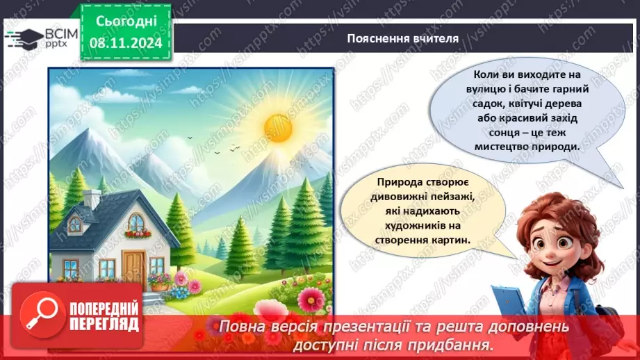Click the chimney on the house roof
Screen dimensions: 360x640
click(92, 198)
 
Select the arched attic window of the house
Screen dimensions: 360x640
click(136, 224)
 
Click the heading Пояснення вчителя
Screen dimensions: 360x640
click(402, 38)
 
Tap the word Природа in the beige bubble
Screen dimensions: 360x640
click(397, 183)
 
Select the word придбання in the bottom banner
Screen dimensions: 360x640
click(452, 344)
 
